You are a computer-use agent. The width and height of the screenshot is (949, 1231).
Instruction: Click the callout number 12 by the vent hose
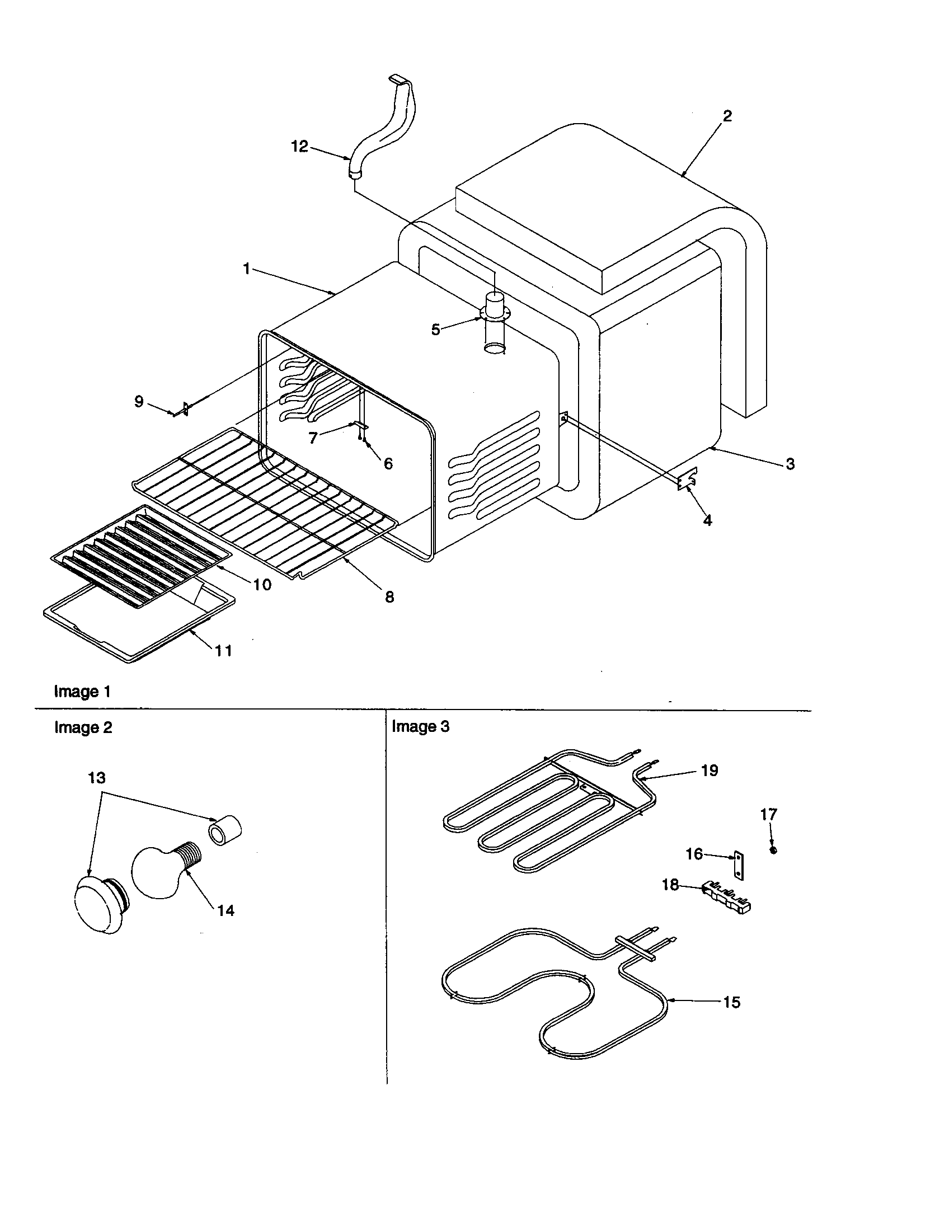point(299,147)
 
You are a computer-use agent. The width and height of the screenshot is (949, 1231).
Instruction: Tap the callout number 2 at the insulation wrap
point(727,116)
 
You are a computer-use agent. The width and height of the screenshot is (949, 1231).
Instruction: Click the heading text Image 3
point(420,726)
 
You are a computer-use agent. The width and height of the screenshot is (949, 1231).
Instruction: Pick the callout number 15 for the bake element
point(731,1002)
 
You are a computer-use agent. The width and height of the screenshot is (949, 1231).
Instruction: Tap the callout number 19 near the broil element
point(710,770)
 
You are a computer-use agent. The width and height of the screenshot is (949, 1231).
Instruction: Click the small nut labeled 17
point(773,850)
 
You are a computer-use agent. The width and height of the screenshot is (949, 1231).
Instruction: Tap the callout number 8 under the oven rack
point(389,597)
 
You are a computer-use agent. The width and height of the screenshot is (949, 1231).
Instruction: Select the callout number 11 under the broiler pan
point(223,650)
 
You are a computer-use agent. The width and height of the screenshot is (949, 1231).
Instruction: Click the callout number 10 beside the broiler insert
point(262,585)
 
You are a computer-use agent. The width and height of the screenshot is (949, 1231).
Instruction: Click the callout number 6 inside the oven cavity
point(388,463)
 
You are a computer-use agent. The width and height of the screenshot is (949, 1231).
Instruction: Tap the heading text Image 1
point(82,692)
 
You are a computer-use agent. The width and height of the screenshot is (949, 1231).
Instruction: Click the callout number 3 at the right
point(790,464)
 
